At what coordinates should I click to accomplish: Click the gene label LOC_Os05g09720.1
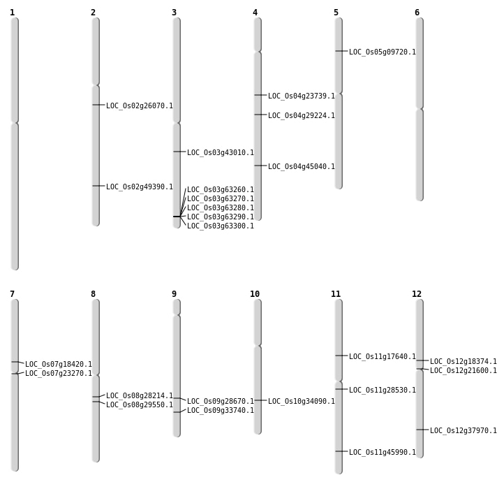(x=382, y=52)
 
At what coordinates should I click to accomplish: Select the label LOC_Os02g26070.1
(x=139, y=105)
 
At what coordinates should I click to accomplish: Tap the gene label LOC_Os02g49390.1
(x=139, y=187)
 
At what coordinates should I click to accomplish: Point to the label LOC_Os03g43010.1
(x=220, y=152)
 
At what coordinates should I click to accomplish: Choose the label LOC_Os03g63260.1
(x=220, y=189)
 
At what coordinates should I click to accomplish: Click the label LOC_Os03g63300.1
(x=220, y=226)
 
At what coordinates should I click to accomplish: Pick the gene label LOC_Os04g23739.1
(x=301, y=96)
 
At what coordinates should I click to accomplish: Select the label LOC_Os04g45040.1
(x=301, y=166)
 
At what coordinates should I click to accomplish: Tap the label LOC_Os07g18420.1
(x=58, y=364)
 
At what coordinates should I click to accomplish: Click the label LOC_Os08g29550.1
(x=139, y=404)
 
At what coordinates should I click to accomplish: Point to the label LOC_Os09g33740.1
(x=220, y=410)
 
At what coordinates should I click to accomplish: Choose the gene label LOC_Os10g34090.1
(x=301, y=401)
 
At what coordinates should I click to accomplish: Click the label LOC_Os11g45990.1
(x=382, y=452)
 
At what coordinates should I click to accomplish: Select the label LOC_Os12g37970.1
(x=463, y=430)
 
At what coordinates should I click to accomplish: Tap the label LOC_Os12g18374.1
(x=463, y=361)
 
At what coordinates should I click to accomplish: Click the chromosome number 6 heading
(x=417, y=13)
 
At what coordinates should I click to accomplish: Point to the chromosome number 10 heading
(x=255, y=294)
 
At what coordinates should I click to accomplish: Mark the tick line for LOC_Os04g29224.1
(x=260, y=115)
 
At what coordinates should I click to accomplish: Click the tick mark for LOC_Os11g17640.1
(x=341, y=356)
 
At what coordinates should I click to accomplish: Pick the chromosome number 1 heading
(x=12, y=13)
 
